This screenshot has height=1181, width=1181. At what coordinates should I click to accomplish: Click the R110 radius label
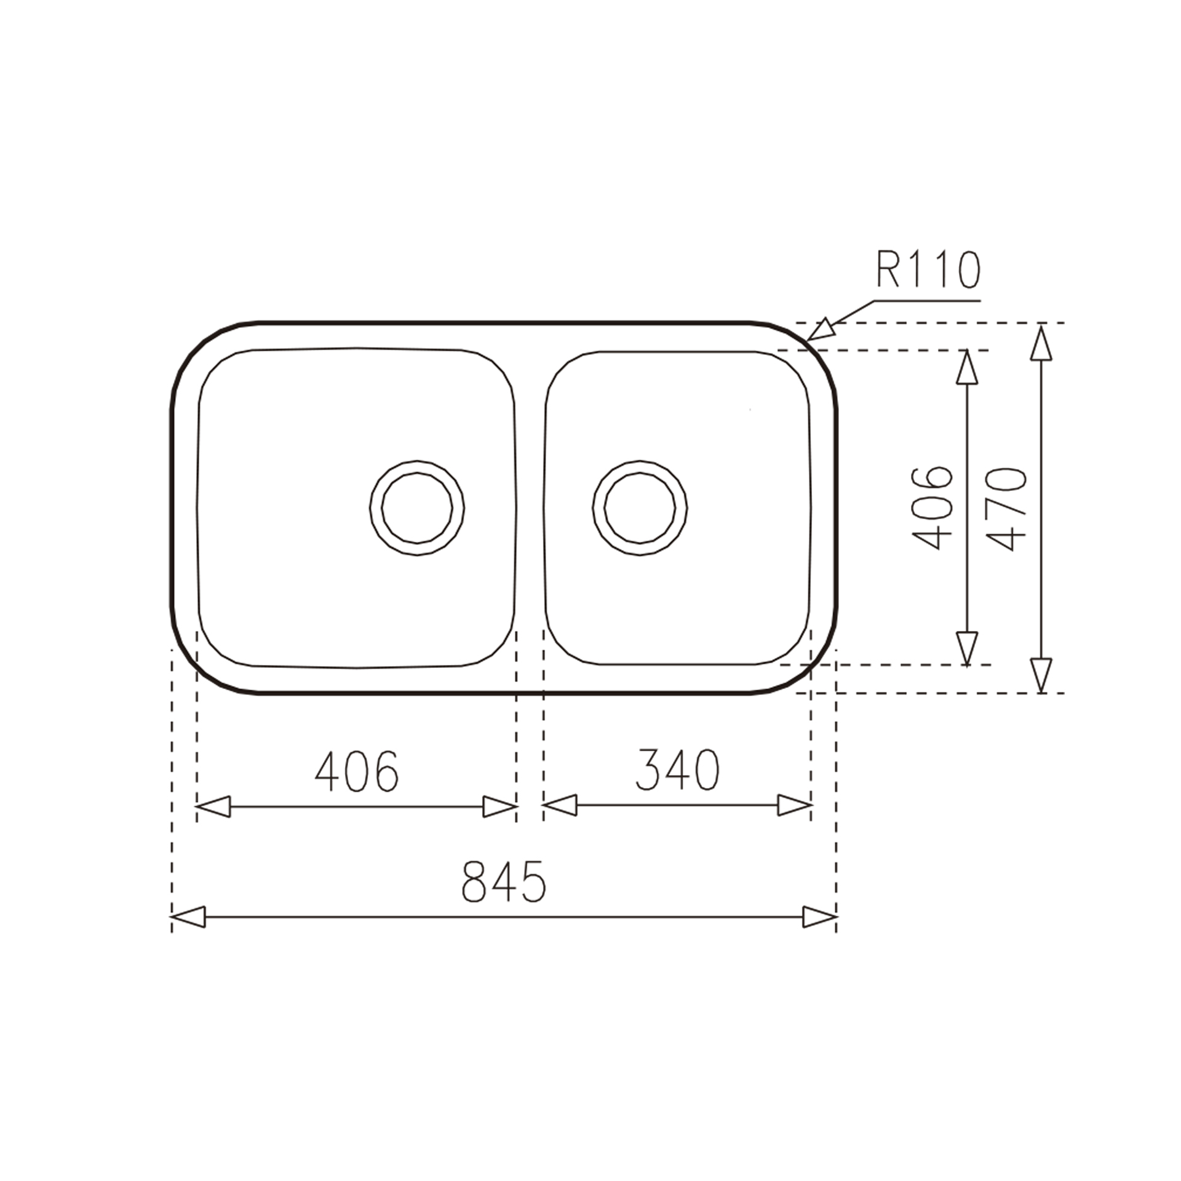click(x=928, y=271)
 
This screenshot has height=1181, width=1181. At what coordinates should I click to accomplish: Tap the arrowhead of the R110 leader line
click(x=822, y=330)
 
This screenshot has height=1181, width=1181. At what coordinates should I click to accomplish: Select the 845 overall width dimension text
click(x=503, y=881)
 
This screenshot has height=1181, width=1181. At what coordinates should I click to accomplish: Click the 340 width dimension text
click(x=677, y=770)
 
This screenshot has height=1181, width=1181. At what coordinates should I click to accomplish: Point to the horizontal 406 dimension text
click(x=357, y=771)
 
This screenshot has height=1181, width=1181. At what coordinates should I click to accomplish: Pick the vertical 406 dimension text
click(x=932, y=508)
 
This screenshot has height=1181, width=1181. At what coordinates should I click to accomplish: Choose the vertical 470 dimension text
click(x=1006, y=509)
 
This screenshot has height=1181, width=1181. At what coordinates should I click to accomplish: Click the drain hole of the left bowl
click(x=417, y=508)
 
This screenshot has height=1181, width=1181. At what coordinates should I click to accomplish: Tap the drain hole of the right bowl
click(x=640, y=508)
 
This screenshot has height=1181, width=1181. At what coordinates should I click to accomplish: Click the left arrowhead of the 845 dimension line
click(x=187, y=917)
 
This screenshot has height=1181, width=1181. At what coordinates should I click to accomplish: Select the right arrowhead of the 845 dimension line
click(x=821, y=917)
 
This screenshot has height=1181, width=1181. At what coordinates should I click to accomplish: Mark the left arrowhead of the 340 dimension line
click(x=559, y=805)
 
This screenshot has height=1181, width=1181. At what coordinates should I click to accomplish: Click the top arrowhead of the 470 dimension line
click(x=1041, y=343)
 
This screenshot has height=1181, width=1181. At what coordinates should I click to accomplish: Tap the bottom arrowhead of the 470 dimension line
click(x=1041, y=675)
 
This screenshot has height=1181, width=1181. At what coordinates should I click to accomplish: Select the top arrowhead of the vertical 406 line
click(x=967, y=368)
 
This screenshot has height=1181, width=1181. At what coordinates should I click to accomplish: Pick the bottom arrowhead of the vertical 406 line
click(x=967, y=648)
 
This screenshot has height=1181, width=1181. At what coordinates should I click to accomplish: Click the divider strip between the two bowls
click(x=530, y=508)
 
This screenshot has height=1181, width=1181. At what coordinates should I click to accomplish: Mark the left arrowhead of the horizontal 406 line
click(x=213, y=806)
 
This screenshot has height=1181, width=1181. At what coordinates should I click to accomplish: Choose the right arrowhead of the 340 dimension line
click(x=795, y=805)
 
